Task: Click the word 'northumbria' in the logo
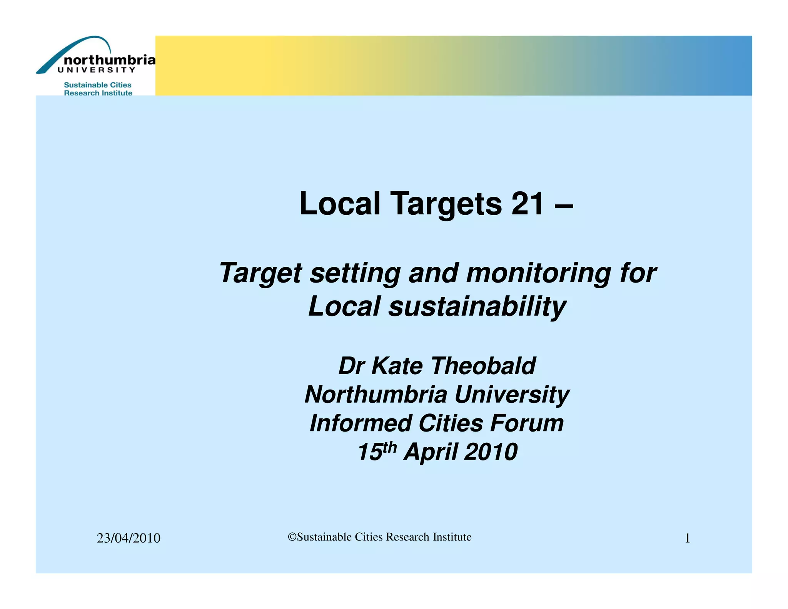pos(110,60)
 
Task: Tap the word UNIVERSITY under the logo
pos(96,70)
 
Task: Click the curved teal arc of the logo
pos(73,48)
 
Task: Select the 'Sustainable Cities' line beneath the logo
pos(97,85)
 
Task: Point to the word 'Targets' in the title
pos(446,204)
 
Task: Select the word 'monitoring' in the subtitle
pos(538,273)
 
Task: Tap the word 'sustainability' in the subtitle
pos(477,306)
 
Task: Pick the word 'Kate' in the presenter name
pos(397,365)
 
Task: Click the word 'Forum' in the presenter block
pos(527,423)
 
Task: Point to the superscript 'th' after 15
pos(389,447)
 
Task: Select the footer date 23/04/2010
pos(129,538)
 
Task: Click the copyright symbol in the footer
pos(292,537)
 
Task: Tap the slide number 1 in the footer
pos(687,538)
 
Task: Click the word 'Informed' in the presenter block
pos(361,423)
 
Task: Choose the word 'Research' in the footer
pos(407,537)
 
